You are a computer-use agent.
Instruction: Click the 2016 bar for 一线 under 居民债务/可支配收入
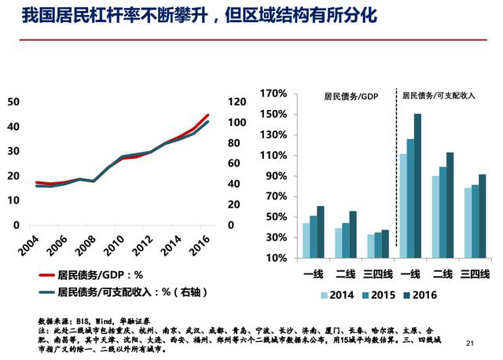tap(418, 186)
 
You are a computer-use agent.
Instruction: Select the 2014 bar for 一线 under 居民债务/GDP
tap(307, 241)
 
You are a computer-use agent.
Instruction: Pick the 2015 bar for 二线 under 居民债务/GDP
tap(346, 241)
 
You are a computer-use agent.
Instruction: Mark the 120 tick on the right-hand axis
tap(236, 101)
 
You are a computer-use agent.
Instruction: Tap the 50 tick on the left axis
tap(13, 101)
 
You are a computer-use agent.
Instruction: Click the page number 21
tap(472, 343)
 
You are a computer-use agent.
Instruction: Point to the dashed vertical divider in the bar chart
tap(396, 173)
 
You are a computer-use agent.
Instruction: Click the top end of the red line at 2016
tap(208, 115)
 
